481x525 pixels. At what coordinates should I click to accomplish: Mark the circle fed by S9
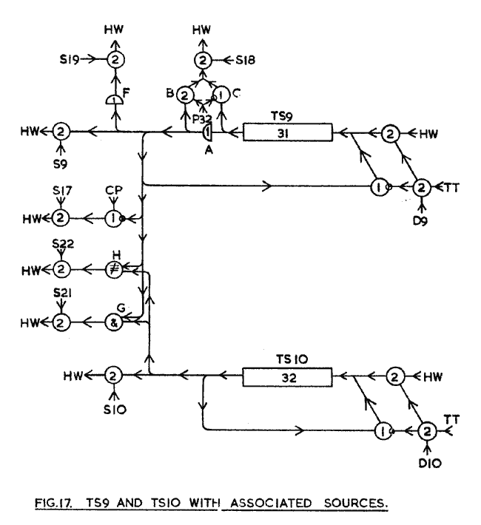[x=61, y=132]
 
